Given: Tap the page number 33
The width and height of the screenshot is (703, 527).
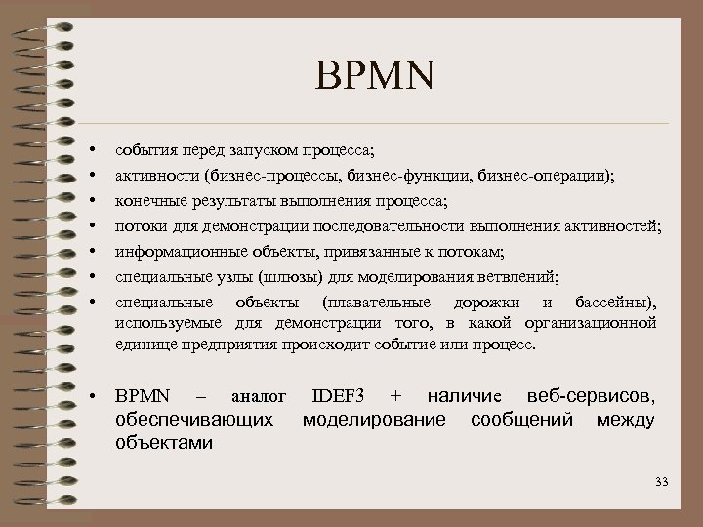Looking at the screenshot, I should click(663, 482).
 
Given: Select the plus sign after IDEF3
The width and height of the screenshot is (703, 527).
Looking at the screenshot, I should click(395, 397).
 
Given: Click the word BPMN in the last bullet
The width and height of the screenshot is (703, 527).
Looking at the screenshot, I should click(143, 397).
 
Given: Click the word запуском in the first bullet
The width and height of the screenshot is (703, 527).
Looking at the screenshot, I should click(264, 151).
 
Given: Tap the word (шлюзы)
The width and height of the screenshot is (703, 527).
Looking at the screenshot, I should click(288, 278).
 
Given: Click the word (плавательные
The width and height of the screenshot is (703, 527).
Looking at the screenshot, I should click(375, 303).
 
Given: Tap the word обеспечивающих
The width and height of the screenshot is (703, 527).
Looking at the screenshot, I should click(194, 421).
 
